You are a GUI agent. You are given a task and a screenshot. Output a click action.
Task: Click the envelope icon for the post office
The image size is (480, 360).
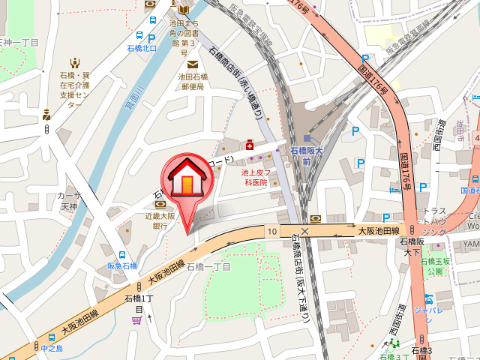(193, 64)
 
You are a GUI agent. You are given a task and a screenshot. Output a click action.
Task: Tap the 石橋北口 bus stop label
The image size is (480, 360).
(142, 49)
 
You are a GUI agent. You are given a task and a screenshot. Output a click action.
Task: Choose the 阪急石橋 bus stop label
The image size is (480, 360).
(122, 265)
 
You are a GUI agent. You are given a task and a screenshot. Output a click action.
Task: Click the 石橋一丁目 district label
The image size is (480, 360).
(208, 266)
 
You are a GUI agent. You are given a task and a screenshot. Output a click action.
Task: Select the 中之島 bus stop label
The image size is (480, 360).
(52, 349)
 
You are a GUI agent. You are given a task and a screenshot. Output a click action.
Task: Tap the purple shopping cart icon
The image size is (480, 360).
(136, 320)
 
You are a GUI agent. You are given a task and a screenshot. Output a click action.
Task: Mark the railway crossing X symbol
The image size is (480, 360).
(304, 232)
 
